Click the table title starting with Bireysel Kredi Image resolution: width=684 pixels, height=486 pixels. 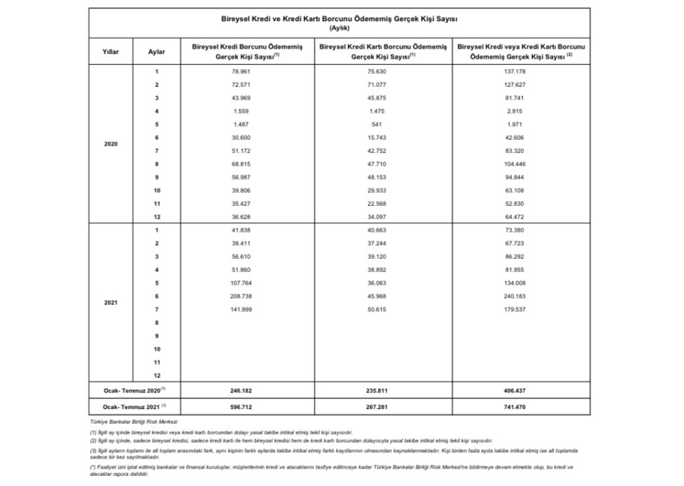pos(340,20)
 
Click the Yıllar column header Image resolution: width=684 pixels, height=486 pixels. pos(111,51)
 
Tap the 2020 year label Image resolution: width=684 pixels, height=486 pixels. pos(111,144)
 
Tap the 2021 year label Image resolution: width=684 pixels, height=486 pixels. pos(111,302)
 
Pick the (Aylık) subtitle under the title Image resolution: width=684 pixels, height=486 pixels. pos(340,28)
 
